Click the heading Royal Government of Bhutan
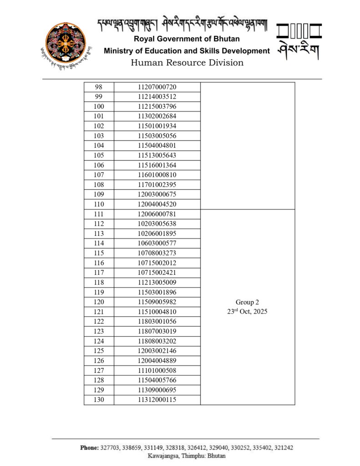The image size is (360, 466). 187,40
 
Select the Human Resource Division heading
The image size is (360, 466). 187,63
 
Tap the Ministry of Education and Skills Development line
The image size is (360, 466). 187,51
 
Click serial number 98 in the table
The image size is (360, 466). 99,87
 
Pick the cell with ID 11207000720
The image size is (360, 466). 157,87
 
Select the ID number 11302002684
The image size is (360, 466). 157,116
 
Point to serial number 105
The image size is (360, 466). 99,155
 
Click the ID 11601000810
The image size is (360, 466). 157,175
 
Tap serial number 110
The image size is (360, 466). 99,204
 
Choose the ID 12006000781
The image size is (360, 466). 157,214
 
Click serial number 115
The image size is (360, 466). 99,253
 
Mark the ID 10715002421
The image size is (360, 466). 157,273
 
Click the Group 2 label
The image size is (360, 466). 247,302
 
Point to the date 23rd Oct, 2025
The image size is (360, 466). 247,312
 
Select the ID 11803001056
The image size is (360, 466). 157,321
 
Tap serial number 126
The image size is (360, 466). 99,360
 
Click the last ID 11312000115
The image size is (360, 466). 157,400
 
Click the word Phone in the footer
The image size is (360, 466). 90,448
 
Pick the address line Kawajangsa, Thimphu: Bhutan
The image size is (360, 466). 187,456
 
